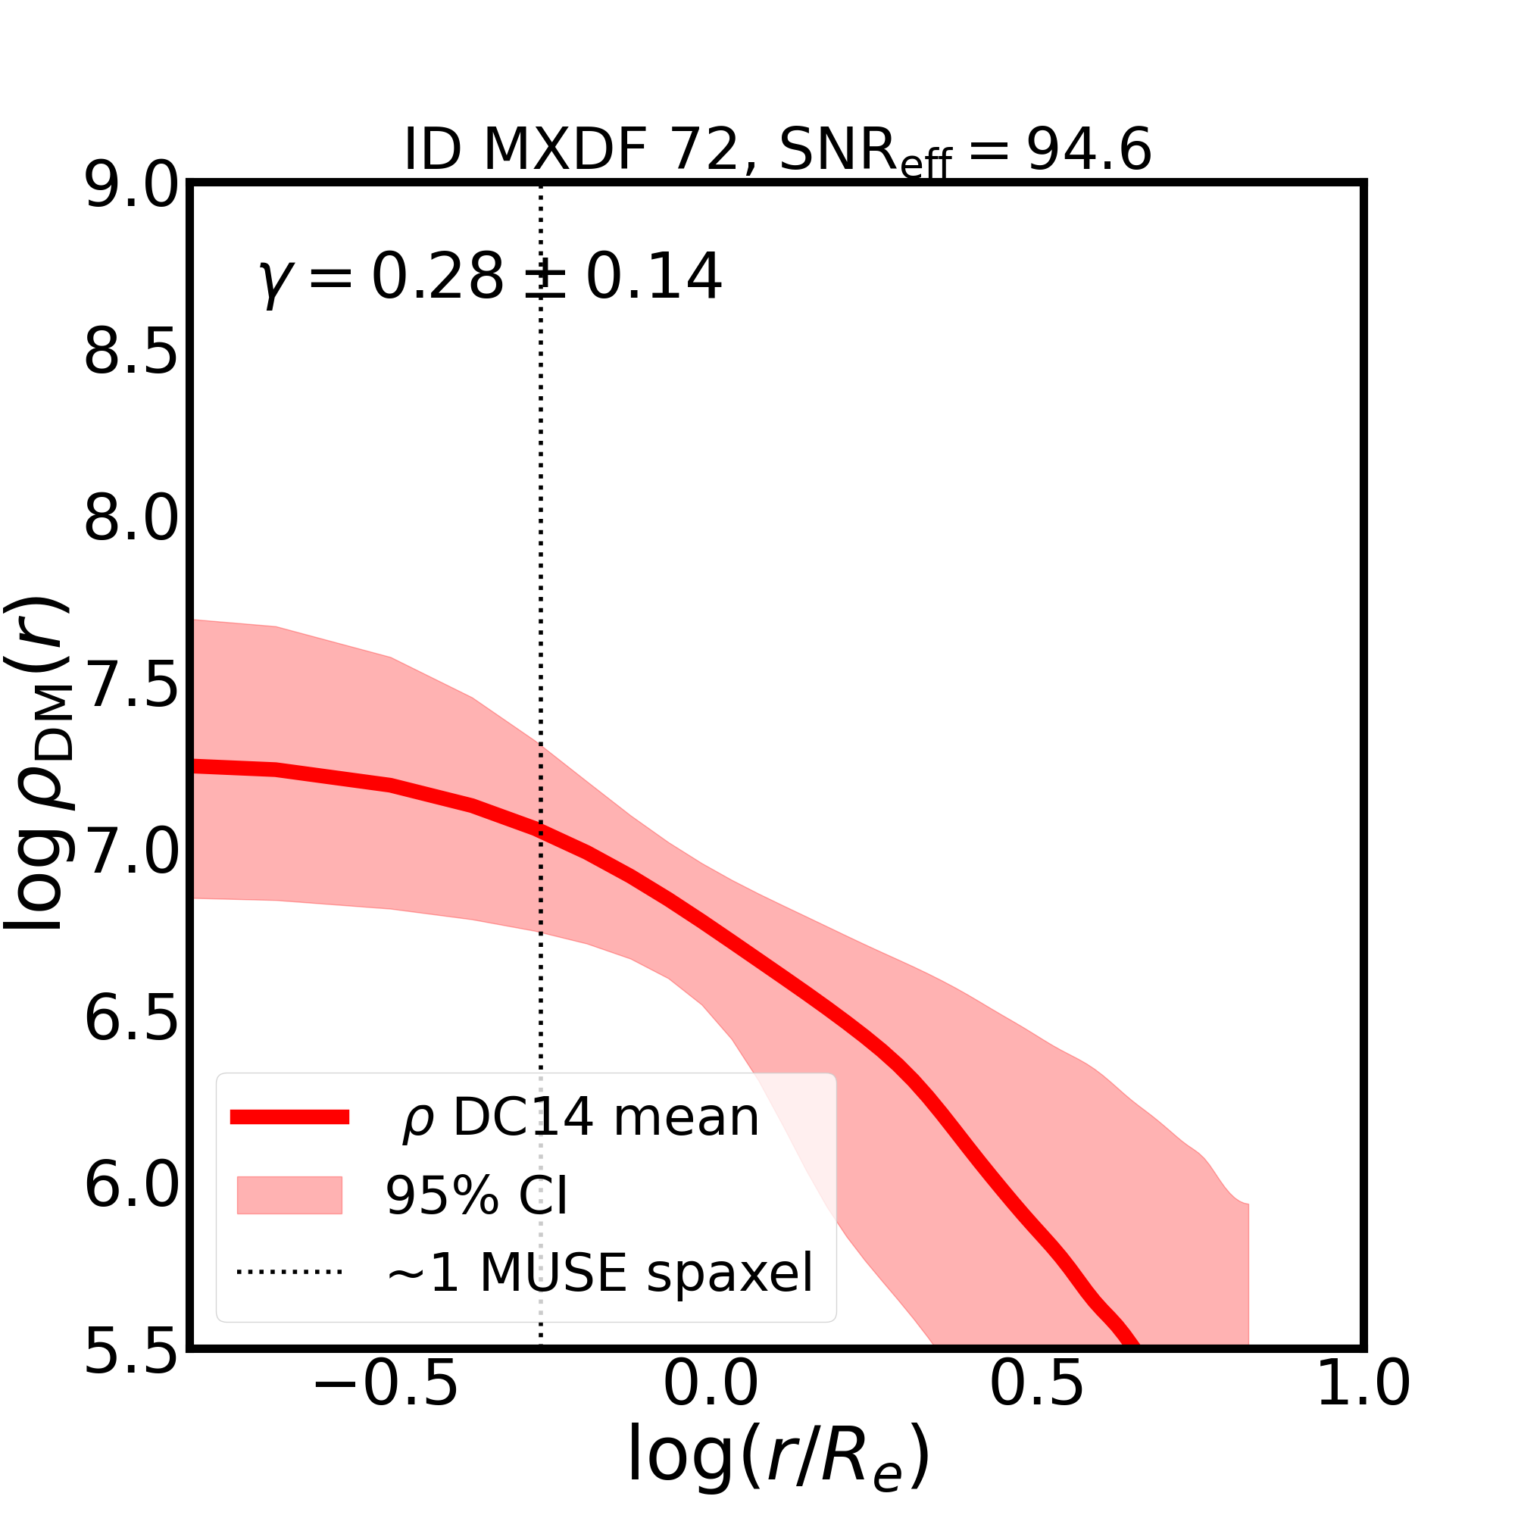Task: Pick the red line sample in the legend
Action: click(289, 1117)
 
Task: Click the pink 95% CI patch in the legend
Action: click(289, 1195)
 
